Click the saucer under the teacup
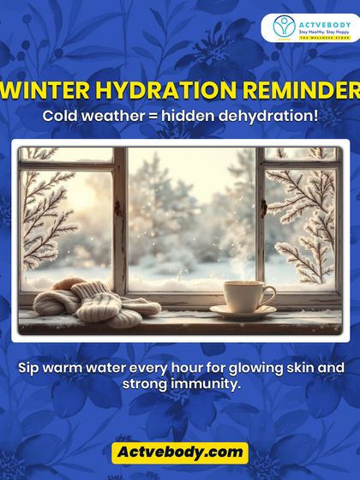click(x=244, y=313)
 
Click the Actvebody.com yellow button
click(x=180, y=453)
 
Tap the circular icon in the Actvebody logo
click(x=285, y=27)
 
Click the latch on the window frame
click(x=119, y=208)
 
